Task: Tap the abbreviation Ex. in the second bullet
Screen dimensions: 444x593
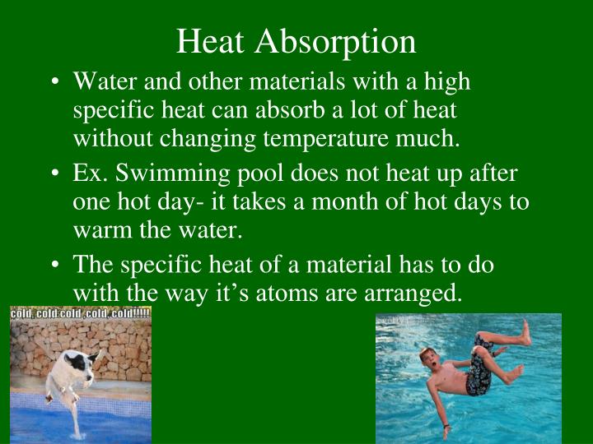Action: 91,175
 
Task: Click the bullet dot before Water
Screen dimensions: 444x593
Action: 54,83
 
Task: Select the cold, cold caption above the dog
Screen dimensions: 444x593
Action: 80,313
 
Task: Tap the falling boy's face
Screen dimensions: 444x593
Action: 428,358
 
